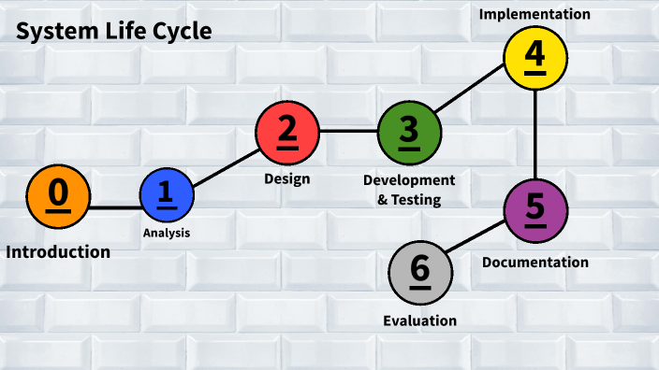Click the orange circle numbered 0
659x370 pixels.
pos(58,196)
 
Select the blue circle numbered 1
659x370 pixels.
pos(167,195)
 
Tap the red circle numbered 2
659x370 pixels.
pos(287,131)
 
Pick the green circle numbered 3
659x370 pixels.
pos(409,131)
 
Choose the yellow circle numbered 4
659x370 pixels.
pos(535,56)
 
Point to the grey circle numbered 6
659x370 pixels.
pos(419,272)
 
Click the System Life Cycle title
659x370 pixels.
pos(113,32)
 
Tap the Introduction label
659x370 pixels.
pos(58,252)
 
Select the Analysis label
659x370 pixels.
pos(167,233)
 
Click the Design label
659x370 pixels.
pos(286,178)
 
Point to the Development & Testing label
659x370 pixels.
pos(409,189)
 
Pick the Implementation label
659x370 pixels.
pos(535,14)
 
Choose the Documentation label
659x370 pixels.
pos(535,263)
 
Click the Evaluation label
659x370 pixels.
pos(419,320)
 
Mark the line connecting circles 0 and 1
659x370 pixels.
pos(114,206)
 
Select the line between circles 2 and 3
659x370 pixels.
pos(348,131)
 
